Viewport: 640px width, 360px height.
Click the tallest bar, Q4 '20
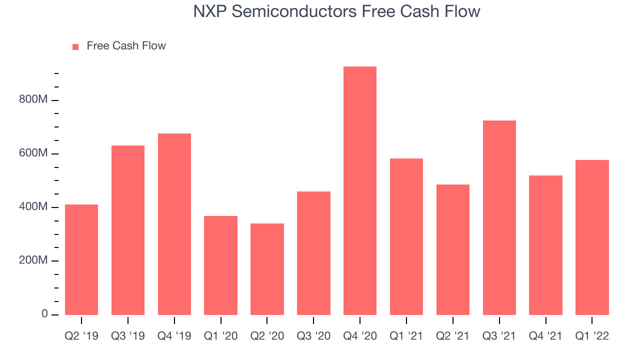click(359, 190)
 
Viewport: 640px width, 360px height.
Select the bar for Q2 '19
click(81, 259)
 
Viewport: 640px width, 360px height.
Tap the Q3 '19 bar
click(127, 230)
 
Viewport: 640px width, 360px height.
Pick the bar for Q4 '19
click(174, 224)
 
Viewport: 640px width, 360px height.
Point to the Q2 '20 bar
click(267, 269)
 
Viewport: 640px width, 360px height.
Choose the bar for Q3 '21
click(499, 217)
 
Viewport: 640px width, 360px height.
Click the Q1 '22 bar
click(592, 237)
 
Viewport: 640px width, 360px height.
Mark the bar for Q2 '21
click(453, 249)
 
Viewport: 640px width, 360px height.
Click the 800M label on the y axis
click(33, 99)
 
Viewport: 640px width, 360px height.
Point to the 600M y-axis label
click(33, 153)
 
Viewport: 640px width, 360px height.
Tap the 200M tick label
click(33, 260)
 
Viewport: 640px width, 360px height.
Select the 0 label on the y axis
click(44, 313)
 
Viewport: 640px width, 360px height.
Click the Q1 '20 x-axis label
click(220, 336)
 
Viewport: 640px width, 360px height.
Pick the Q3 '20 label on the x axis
click(313, 336)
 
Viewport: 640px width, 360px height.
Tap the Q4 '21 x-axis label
click(545, 336)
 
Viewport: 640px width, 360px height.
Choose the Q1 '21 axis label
click(406, 336)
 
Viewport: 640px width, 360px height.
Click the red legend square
click(75, 47)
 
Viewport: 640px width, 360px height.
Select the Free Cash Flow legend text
click(126, 45)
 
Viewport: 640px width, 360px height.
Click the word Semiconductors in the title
click(294, 11)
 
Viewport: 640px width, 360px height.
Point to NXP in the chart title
click(210, 11)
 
